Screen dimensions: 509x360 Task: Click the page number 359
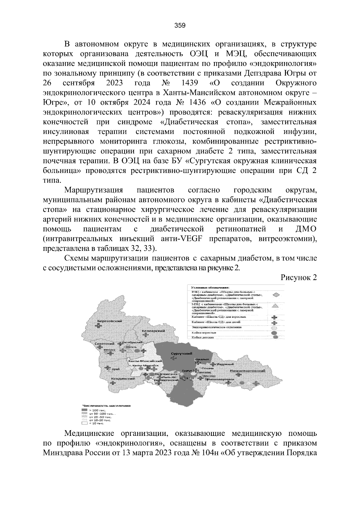[180, 25]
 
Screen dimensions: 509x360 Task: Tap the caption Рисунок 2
[298, 278]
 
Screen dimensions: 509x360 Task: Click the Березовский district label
[110, 321]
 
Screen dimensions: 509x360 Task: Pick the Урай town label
[115, 369]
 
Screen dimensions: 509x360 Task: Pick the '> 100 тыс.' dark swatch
[84, 410]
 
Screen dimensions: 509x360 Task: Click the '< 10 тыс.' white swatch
[84, 424]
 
